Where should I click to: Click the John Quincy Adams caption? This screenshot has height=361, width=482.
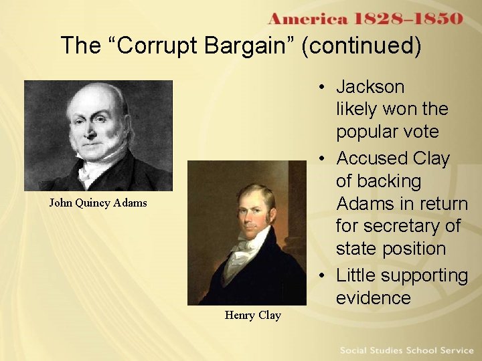[98, 203]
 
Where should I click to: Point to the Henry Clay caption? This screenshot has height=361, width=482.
[253, 315]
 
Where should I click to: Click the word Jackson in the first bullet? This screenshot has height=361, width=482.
[370, 87]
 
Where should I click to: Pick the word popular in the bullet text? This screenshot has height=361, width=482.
[367, 132]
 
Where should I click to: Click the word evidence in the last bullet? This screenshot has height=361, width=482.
[374, 297]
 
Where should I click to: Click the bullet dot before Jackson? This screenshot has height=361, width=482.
[323, 88]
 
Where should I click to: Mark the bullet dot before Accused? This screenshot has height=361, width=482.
[323, 159]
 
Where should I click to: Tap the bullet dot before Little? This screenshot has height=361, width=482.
[323, 276]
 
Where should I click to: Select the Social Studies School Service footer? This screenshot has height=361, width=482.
[406, 350]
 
